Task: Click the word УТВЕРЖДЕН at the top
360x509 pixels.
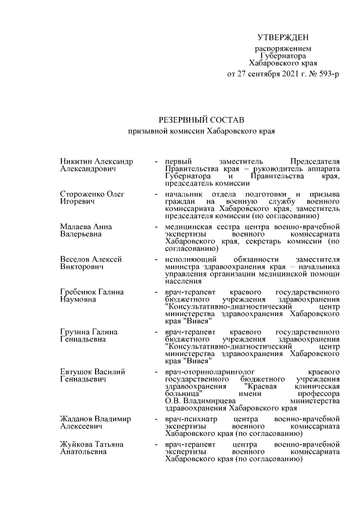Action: click(x=283, y=38)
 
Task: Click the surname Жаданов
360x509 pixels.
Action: click(x=78, y=419)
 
